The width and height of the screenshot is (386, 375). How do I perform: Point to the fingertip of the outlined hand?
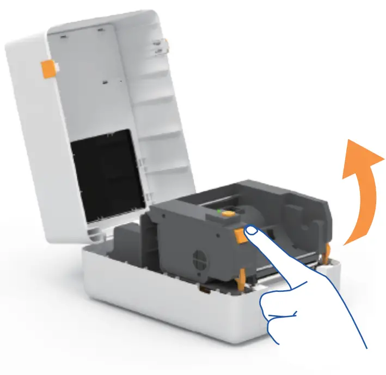click(252, 232)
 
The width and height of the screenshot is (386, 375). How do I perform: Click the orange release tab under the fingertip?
click(240, 235)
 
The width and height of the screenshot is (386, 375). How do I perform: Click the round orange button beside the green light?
click(228, 216)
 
